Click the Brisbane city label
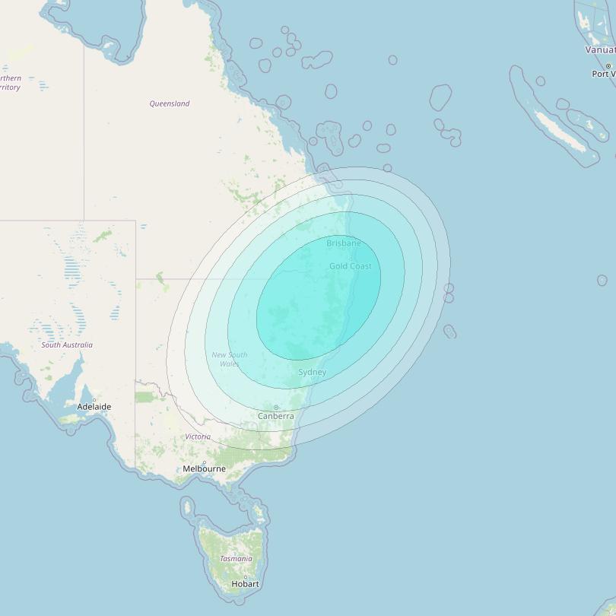coord(344,243)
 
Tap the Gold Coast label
coord(351,266)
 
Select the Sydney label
coord(312,372)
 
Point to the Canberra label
coord(275,416)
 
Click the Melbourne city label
coord(204,468)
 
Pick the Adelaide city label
coord(94,407)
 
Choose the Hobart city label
coord(245,584)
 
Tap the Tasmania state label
coord(236,559)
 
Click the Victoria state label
coord(198,437)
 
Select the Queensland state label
coord(170,103)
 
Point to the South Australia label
coord(67,345)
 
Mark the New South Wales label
coord(229,360)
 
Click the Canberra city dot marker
coord(276,408)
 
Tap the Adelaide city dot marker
coord(94,399)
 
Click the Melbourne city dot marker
coord(204,462)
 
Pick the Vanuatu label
coord(599,49)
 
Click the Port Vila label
coord(604,74)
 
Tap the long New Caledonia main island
coord(559,129)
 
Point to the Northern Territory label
coord(10,83)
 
